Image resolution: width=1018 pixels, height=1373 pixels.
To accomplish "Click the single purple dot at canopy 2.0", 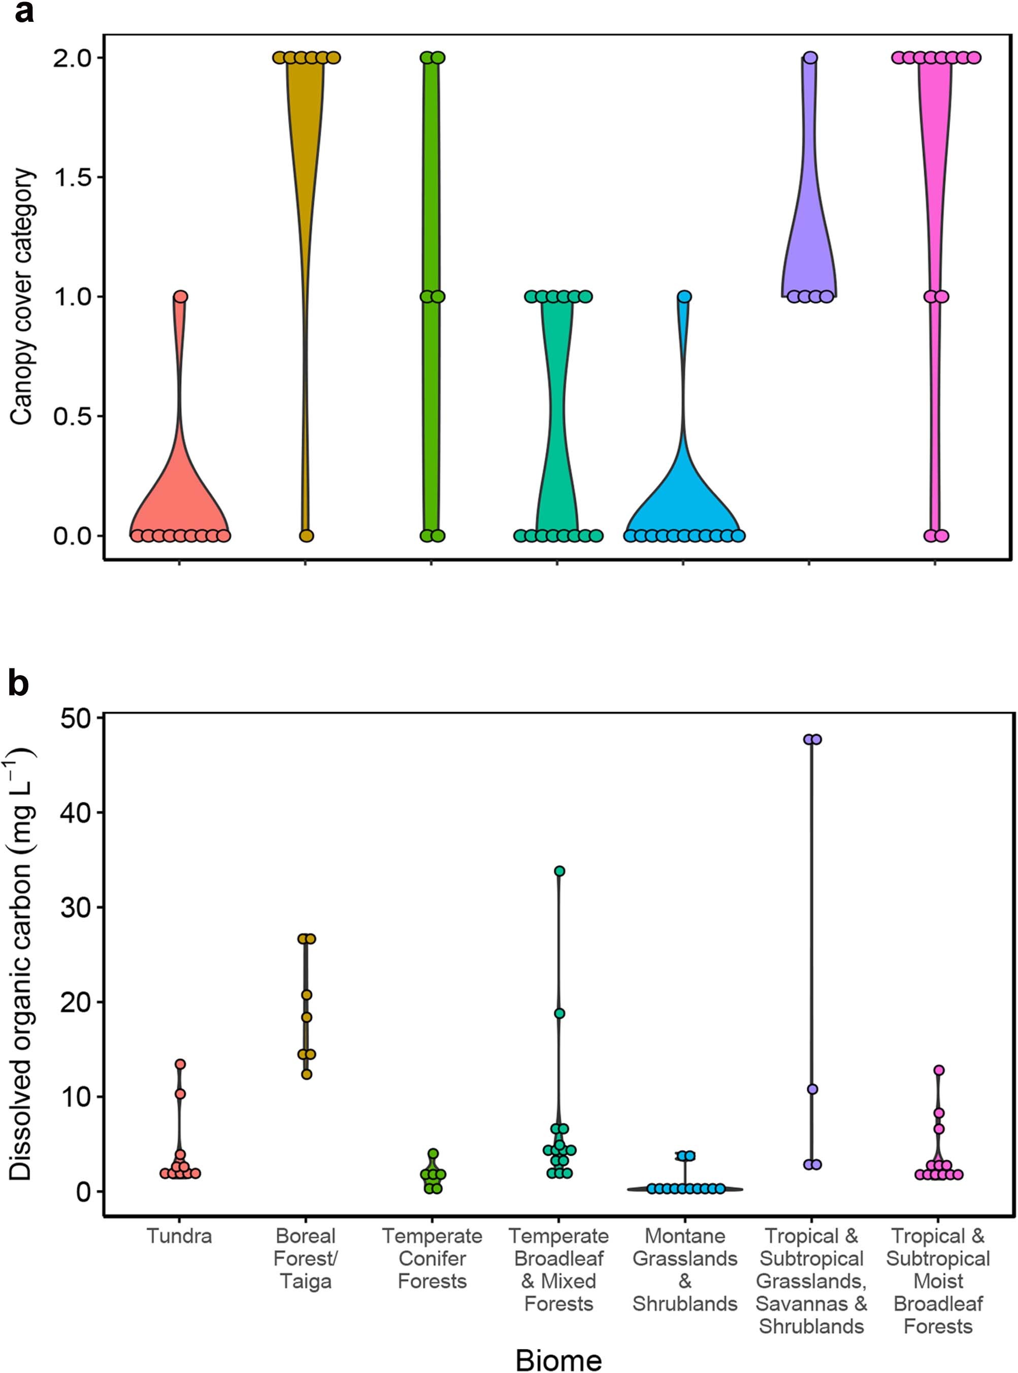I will point(810,58).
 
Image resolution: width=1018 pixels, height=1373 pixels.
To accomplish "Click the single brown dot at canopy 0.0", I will point(306,535).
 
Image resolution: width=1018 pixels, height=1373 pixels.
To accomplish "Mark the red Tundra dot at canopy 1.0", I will point(180,296).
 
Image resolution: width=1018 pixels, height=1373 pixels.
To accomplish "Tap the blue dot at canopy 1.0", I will point(684,296).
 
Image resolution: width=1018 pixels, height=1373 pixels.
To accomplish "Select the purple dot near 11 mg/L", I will point(812,1089).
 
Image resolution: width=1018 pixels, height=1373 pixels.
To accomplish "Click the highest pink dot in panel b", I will point(938,1070).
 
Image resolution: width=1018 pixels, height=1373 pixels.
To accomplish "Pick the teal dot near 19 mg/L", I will point(559,1013).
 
